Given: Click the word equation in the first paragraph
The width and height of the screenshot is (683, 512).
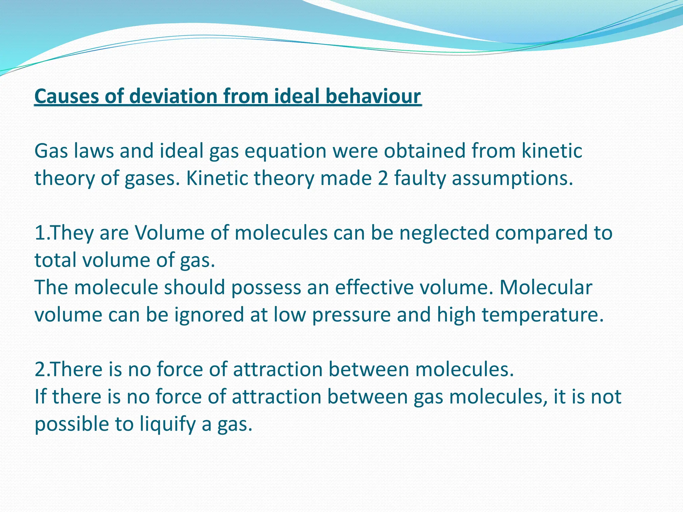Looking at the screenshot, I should pos(285,151).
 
